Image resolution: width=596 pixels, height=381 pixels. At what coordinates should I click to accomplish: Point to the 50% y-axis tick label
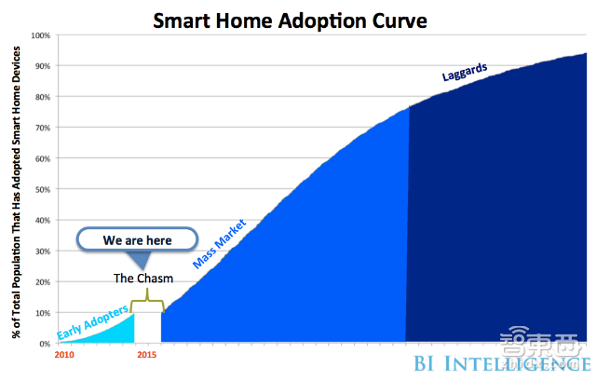[x=43, y=190]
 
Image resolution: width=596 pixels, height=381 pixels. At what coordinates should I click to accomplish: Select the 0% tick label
[x=45, y=344]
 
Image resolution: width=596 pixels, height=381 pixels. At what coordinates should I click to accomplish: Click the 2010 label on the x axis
[x=64, y=356]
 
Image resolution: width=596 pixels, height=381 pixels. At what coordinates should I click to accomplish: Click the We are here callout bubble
[x=136, y=239]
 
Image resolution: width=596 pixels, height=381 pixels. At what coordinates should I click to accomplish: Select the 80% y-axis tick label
[x=43, y=97]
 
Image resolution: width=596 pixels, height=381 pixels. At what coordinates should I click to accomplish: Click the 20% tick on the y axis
[x=43, y=282]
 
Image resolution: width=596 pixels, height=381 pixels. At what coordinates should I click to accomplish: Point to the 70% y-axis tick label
[x=43, y=128]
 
